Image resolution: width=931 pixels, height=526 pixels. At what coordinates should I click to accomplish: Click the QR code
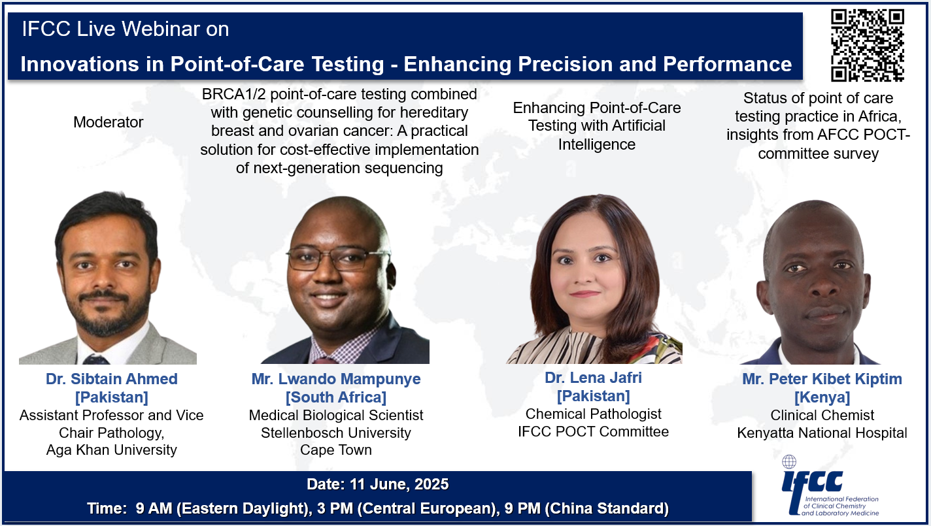868,45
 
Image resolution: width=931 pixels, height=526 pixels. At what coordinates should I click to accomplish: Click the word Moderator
108,122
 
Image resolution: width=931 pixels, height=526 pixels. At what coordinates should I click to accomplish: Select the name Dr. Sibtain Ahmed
111,379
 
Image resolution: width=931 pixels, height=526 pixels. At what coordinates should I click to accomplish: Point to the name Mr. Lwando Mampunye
336,379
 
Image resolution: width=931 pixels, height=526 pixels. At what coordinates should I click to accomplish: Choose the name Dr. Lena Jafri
593,378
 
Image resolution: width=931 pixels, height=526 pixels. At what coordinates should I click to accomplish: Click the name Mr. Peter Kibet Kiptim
822,379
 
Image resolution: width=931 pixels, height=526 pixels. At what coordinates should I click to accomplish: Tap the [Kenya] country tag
822,397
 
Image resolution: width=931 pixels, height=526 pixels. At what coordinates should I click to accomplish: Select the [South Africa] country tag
336,397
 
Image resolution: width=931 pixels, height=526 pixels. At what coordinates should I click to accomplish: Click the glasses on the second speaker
338,259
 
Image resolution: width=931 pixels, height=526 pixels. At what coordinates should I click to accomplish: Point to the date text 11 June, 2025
399,484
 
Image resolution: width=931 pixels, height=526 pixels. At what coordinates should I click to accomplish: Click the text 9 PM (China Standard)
586,508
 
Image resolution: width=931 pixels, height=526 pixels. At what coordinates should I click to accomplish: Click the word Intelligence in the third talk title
596,144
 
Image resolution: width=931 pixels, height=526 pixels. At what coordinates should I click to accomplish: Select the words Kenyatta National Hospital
822,433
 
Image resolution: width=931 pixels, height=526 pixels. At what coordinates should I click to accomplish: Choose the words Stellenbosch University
336,433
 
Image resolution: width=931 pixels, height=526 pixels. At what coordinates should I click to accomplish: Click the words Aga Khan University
111,450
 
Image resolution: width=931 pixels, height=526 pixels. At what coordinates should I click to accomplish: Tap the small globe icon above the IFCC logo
789,461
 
